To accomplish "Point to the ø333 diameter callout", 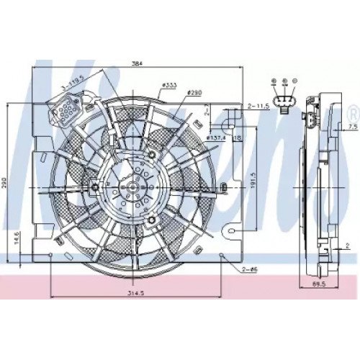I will coord(170,86).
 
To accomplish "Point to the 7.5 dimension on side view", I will coord(351,127).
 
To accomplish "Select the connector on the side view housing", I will coord(310,120).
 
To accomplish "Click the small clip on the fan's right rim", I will coord(224,188).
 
